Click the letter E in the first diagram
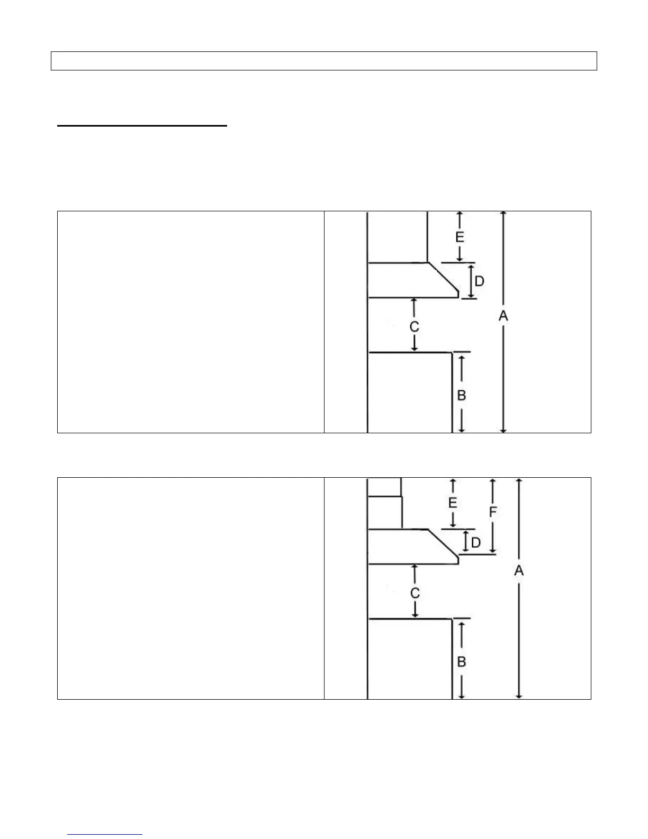point(460,237)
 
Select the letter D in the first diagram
point(479,281)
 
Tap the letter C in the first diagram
point(415,327)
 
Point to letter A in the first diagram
point(503,316)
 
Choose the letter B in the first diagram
point(462,395)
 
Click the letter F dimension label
point(493,512)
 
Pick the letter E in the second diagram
point(453,503)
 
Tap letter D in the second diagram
point(476,543)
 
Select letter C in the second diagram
point(415,593)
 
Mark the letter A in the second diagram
point(519,570)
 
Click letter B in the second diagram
point(462,662)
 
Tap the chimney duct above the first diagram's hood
point(398,237)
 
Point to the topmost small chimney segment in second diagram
point(384,487)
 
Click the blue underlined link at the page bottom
point(105,834)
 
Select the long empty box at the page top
point(323,61)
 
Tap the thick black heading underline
point(142,126)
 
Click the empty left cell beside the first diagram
point(191,322)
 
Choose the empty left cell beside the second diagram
point(191,588)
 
